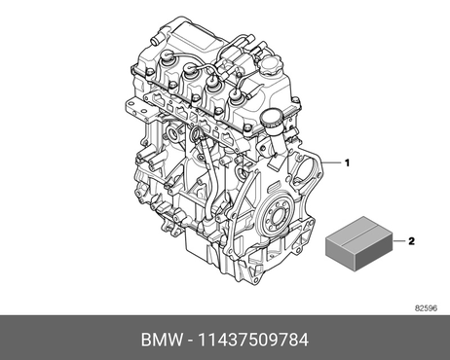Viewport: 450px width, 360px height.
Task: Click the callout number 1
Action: (347, 162)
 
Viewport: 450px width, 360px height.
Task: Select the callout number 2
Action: (411, 241)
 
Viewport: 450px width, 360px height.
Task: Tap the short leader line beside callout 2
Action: (399, 241)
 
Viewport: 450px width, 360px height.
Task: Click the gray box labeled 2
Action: (359, 243)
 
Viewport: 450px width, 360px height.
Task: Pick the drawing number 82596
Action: (426, 308)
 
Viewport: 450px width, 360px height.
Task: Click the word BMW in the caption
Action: (162, 340)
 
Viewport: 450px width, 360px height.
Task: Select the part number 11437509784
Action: (253, 340)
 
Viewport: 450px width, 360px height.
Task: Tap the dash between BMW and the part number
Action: (190, 341)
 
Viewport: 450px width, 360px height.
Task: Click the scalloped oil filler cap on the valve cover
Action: (272, 66)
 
